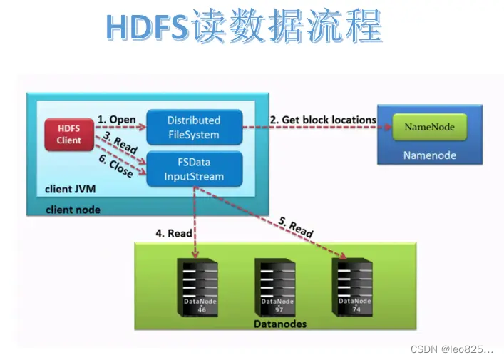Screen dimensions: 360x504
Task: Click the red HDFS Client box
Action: pos(69,134)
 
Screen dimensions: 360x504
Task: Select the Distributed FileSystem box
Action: pos(194,127)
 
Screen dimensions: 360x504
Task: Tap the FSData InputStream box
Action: pos(194,170)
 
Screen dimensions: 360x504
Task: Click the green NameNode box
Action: pos(429,128)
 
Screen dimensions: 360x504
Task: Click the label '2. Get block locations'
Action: pos(322,120)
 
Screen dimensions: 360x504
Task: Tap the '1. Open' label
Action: pos(116,119)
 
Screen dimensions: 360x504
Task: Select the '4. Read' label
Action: pos(173,232)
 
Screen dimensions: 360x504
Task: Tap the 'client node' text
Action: pos(73,210)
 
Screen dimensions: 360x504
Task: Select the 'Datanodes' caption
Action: pos(281,324)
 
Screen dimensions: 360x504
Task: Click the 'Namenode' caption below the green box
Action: pos(429,155)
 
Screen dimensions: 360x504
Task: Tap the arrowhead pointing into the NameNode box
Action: pos(389,128)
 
